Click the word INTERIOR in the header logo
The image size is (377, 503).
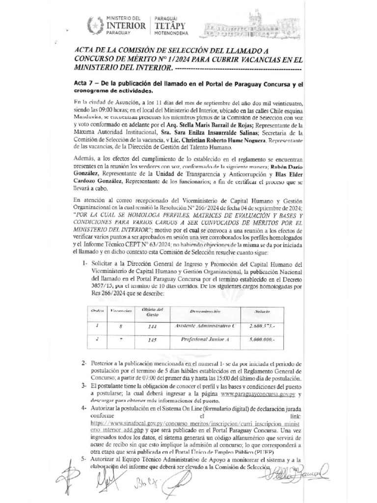(x=126, y=25)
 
